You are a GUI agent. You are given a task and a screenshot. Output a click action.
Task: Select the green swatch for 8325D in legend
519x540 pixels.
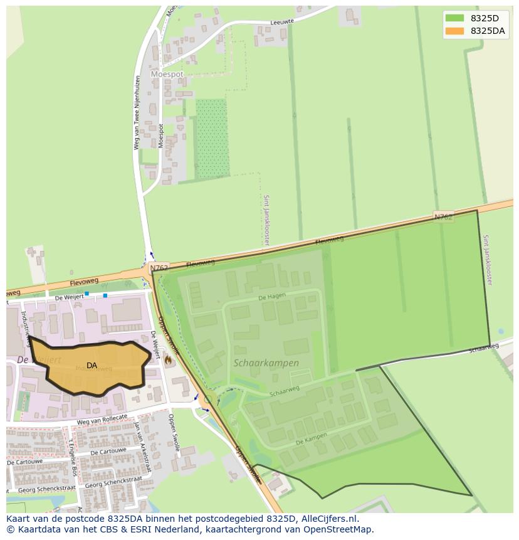[454, 18]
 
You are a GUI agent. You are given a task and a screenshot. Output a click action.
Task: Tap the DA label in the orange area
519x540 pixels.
[92, 366]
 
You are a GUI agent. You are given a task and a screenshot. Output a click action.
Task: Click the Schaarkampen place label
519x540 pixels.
[266, 363]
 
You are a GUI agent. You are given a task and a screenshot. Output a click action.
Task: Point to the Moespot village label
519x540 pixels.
[167, 74]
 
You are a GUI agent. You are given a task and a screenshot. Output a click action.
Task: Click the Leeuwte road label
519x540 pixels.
[281, 22]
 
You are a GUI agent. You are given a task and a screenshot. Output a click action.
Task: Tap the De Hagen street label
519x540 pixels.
[271, 296]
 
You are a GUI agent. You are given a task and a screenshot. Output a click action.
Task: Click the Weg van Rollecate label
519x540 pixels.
[102, 420]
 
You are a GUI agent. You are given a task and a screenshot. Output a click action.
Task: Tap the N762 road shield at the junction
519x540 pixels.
[159, 268]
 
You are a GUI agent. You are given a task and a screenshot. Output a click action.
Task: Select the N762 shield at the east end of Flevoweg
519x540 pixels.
[443, 217]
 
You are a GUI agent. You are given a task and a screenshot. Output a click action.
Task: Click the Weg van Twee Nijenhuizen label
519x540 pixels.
[137, 113]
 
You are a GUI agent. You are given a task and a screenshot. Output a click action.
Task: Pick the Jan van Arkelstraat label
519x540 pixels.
[143, 447]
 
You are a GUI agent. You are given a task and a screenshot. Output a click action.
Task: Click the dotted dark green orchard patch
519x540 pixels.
[211, 138]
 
